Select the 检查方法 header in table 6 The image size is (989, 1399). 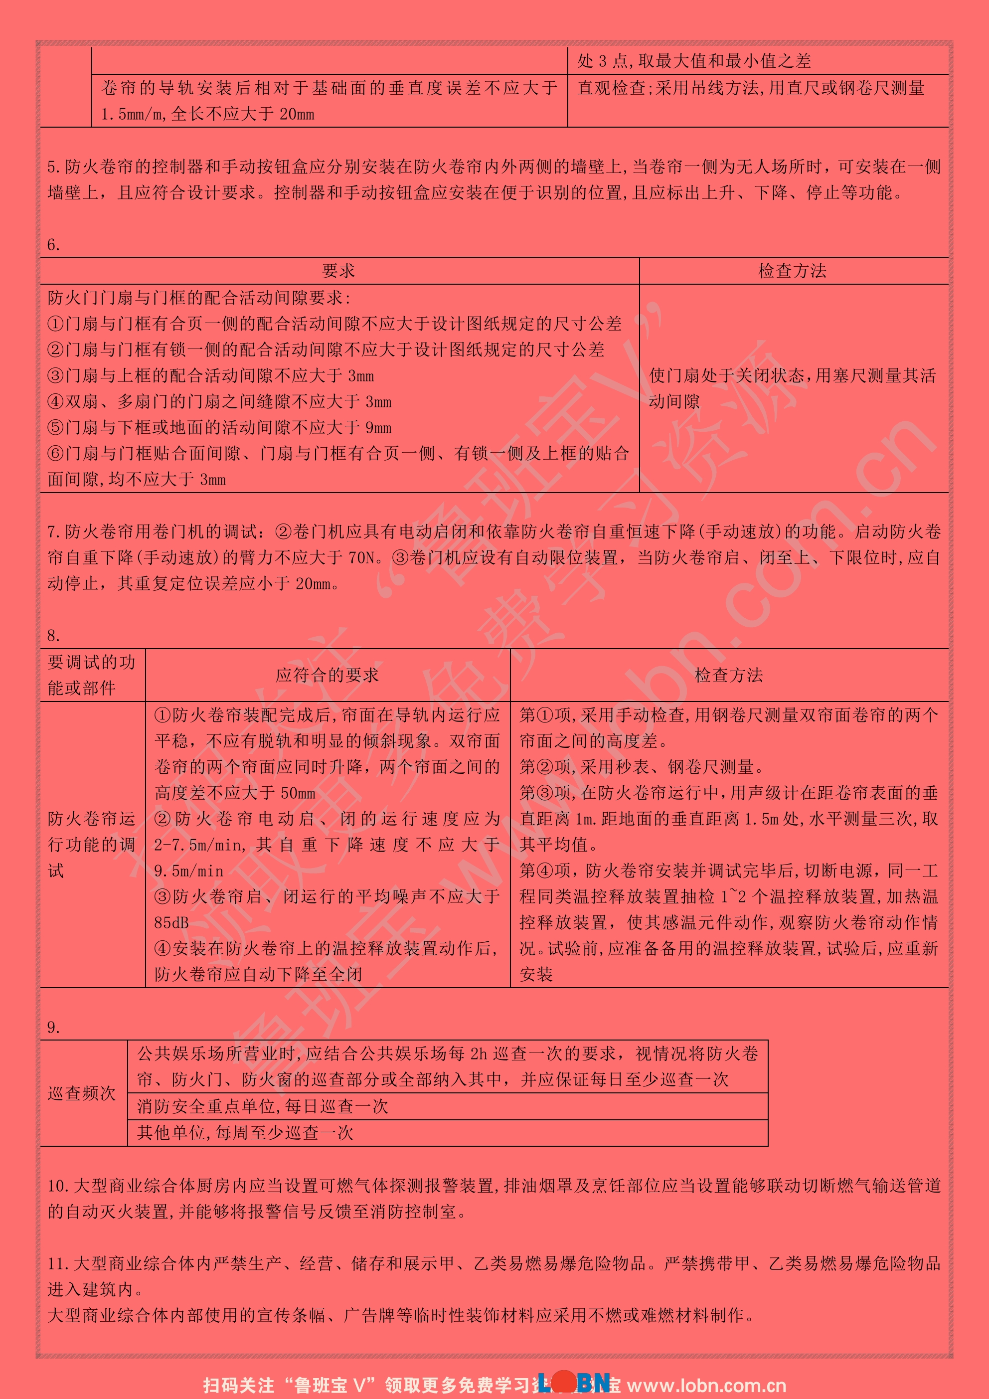click(792, 271)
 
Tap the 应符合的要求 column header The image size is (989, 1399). click(327, 675)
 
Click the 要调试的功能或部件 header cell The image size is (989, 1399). click(91, 675)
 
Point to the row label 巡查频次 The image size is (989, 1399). click(82, 1093)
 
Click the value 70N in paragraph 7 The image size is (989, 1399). click(364, 557)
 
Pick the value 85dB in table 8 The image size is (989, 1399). click(171, 922)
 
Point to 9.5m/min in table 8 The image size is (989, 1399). click(189, 871)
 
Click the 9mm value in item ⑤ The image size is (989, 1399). click(378, 428)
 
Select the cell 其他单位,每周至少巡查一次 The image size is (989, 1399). click(245, 1133)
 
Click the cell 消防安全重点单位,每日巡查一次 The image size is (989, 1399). click(263, 1106)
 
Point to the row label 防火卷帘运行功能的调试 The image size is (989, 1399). click(91, 845)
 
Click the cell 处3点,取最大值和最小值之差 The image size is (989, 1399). click(694, 61)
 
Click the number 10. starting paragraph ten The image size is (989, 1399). click(59, 1186)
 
